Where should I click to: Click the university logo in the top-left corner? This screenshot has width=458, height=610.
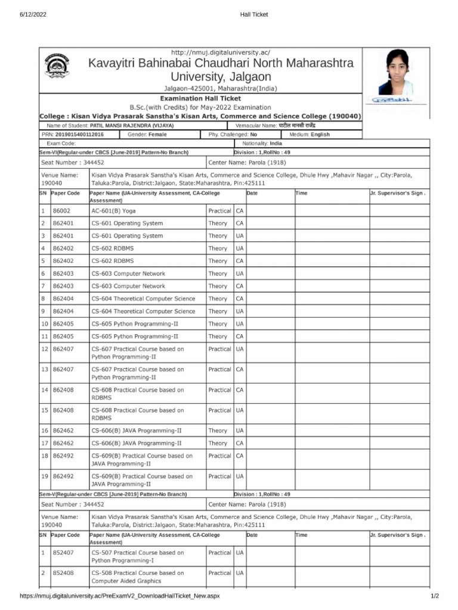point(57,69)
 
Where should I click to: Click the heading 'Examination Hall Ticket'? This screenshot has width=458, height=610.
point(200,98)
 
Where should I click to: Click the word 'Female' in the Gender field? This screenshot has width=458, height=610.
point(157,135)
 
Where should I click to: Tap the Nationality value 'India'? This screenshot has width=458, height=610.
point(276,144)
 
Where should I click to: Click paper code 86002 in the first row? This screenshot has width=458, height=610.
point(61,211)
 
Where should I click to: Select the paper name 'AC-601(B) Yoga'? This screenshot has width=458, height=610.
point(113,211)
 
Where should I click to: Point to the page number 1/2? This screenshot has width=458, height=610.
point(435,596)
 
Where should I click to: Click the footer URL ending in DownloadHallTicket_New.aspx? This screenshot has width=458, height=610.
point(120,596)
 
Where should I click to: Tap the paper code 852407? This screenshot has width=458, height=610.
point(63,553)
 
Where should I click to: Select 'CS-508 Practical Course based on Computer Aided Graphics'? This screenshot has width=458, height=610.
point(137,577)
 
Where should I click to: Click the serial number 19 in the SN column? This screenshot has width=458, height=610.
point(44,477)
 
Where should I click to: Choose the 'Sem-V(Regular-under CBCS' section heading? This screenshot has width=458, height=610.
point(113,494)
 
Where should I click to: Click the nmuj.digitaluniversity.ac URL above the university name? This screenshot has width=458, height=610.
point(221,53)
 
